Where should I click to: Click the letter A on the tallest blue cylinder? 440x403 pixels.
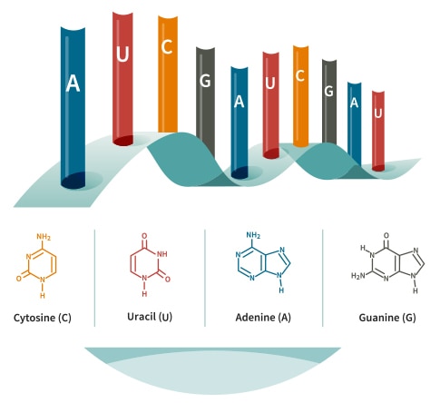click(x=73, y=84)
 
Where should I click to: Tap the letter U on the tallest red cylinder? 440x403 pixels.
click(x=122, y=54)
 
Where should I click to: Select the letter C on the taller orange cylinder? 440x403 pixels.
click(x=167, y=47)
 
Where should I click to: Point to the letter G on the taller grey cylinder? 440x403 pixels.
click(x=205, y=81)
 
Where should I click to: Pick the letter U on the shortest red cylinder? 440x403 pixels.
click(x=378, y=113)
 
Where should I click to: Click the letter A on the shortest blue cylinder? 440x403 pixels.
click(x=354, y=103)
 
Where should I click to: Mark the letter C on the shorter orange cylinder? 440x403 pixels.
click(x=300, y=76)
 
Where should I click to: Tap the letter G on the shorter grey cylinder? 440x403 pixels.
click(x=328, y=91)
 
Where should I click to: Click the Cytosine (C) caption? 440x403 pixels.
click(x=43, y=318)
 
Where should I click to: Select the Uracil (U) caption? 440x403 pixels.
click(x=150, y=317)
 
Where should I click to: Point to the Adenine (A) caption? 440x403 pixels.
click(x=263, y=318)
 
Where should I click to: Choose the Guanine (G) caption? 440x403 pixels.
click(x=387, y=318)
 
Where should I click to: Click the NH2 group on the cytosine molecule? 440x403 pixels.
click(x=44, y=237)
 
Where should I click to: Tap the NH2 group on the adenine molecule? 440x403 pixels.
click(x=253, y=235)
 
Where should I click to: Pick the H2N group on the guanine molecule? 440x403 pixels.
click(x=358, y=276)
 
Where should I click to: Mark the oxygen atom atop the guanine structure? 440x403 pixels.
click(x=386, y=235)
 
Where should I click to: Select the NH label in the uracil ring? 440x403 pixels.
click(x=162, y=253)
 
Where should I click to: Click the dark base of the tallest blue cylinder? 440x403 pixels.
click(x=73, y=181)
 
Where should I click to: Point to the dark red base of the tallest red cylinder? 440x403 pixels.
click(x=122, y=141)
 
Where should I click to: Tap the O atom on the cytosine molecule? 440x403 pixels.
click(x=19, y=279)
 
